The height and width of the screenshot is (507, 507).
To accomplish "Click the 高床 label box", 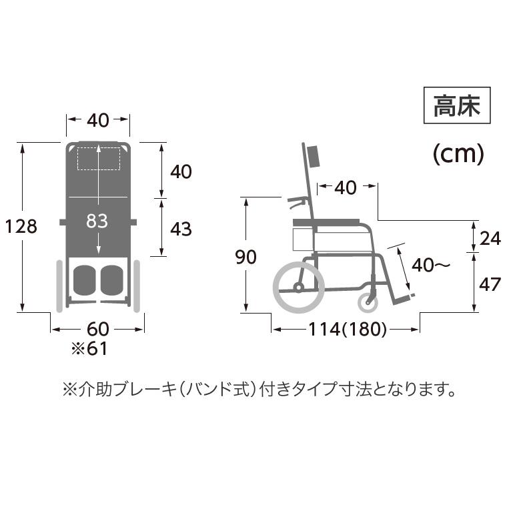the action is pos(457,105).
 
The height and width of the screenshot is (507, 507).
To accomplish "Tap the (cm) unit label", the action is pos(458,154).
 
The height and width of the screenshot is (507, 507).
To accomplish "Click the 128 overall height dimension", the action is pos(21,226).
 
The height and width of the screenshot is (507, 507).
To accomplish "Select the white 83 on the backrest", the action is pos(97,221).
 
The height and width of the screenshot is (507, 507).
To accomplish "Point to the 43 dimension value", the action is pos(181,229).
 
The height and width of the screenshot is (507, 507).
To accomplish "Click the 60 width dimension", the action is pos(98,329).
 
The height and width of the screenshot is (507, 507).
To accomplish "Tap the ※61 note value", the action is pos(89,348).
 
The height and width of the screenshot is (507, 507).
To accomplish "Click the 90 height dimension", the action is pos(246,257).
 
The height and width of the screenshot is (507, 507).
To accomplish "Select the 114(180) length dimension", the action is pos(348,330).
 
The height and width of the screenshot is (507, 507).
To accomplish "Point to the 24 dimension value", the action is pos(490,239).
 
